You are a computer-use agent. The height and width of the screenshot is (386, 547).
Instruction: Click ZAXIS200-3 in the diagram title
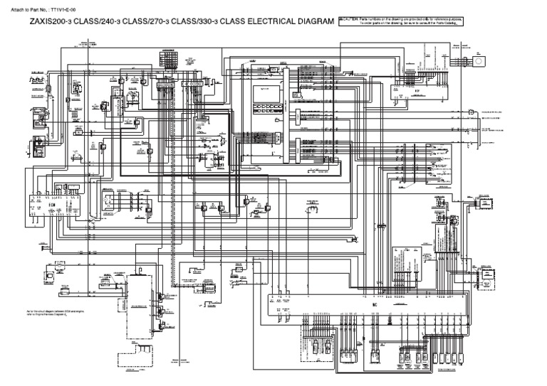[50, 23]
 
